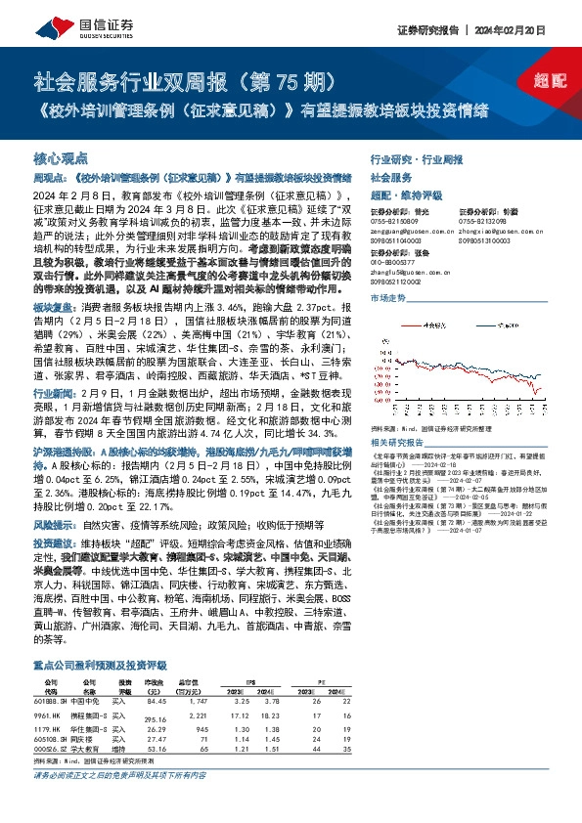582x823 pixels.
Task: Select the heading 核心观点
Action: (x=61, y=158)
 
